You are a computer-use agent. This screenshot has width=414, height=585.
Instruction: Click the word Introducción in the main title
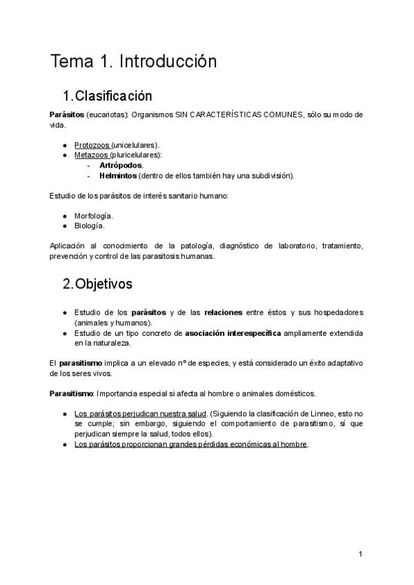(x=168, y=61)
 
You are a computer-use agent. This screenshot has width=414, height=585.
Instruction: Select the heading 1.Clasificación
(x=107, y=95)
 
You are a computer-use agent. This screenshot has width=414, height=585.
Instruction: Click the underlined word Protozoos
(x=92, y=145)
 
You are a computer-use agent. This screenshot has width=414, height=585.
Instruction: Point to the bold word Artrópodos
(x=121, y=166)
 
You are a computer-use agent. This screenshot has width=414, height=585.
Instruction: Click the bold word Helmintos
(x=118, y=176)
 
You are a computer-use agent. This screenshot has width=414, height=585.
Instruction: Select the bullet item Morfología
(x=93, y=216)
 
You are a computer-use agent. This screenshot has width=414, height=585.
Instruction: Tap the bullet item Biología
(x=89, y=226)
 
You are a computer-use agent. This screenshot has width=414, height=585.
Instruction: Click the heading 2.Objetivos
(x=98, y=284)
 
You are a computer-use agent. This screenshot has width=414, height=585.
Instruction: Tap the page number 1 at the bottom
(x=359, y=554)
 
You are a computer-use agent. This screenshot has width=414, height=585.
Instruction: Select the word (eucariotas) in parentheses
(x=108, y=115)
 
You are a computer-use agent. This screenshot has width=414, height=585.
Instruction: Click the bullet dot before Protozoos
(x=64, y=145)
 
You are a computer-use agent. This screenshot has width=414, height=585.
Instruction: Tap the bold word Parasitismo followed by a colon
(x=71, y=393)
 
